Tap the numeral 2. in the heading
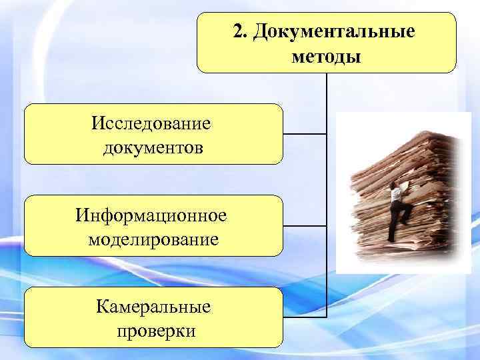coord(239,32)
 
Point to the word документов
coord(153,146)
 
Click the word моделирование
coord(153,238)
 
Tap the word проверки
coord(153,331)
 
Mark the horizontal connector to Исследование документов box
coord(305,134)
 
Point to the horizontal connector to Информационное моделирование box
coord(305,226)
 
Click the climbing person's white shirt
coord(396,193)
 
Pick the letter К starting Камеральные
coord(102,307)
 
